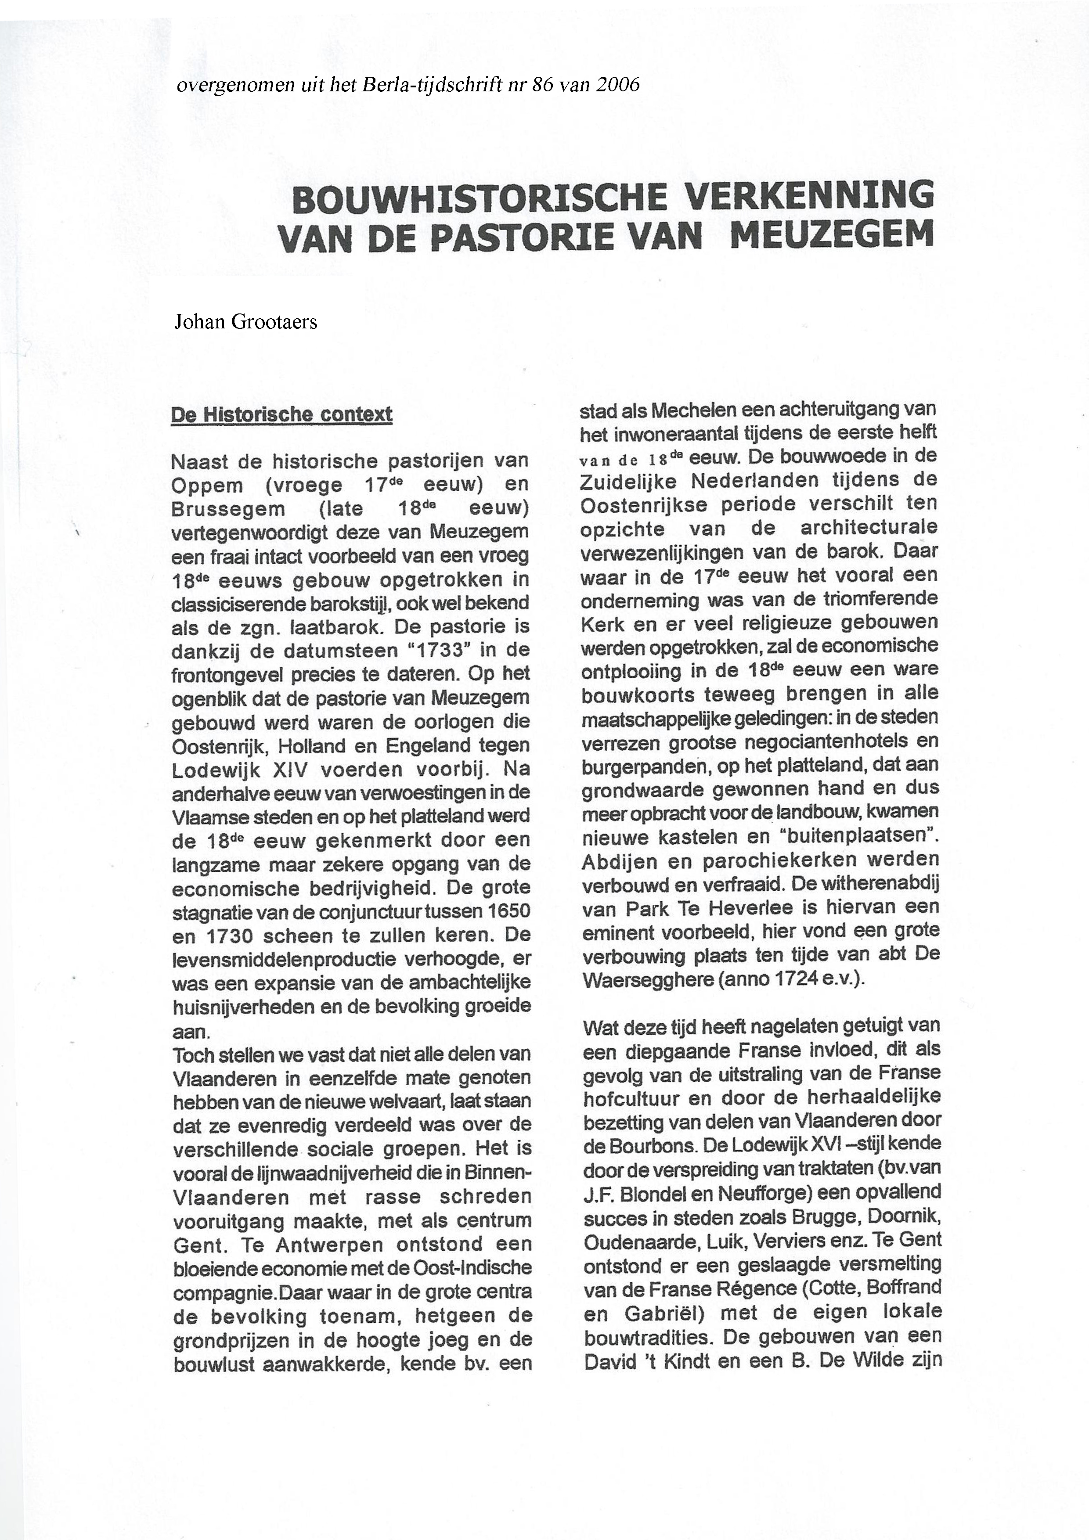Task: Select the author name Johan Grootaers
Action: [245, 322]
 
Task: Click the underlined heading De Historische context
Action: [282, 414]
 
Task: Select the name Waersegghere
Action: [648, 979]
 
